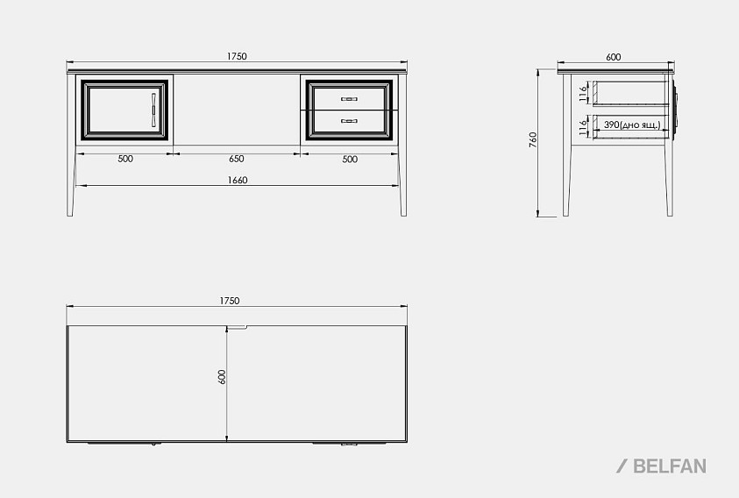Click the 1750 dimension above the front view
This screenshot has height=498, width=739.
pyautogui.click(x=237, y=56)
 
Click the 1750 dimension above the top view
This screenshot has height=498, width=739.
pyautogui.click(x=230, y=301)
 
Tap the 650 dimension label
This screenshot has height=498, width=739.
pyautogui.click(x=237, y=159)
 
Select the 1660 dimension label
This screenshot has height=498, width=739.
pyautogui.click(x=238, y=180)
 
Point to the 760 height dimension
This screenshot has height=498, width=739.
pyautogui.click(x=533, y=140)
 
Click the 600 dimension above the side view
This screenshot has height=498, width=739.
pyautogui.click(x=613, y=57)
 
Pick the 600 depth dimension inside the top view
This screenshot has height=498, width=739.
pyautogui.click(x=222, y=377)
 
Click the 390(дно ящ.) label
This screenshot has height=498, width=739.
pyautogui.click(x=632, y=125)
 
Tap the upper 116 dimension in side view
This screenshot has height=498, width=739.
pyautogui.click(x=584, y=94)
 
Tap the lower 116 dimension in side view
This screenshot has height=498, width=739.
pyautogui.click(x=584, y=127)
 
